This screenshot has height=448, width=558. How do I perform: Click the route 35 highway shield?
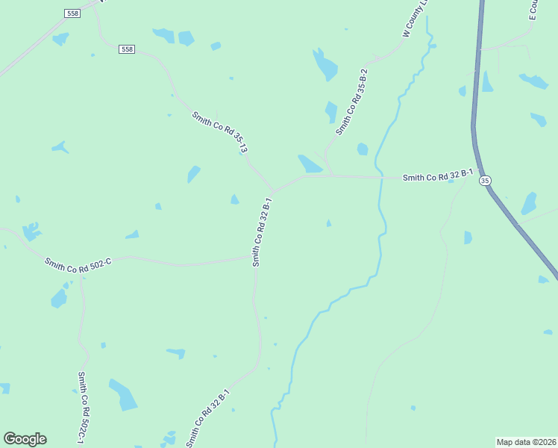486,181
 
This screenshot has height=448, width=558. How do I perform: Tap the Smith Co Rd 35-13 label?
219,132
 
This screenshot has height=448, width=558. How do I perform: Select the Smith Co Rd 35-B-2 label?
351,106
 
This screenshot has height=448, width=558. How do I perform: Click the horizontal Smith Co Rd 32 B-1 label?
438,177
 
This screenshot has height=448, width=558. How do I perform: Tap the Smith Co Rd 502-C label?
78,264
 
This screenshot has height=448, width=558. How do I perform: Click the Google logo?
25,439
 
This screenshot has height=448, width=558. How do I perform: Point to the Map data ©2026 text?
526,442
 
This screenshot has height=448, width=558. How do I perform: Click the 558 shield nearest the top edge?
72,13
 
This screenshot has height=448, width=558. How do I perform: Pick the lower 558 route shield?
127,49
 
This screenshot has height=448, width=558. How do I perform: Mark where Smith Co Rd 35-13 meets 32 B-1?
273,191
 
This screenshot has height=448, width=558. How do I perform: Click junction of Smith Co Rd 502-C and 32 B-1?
256,258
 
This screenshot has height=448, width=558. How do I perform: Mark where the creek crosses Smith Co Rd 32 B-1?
380,178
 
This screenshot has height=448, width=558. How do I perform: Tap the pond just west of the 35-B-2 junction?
310,164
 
